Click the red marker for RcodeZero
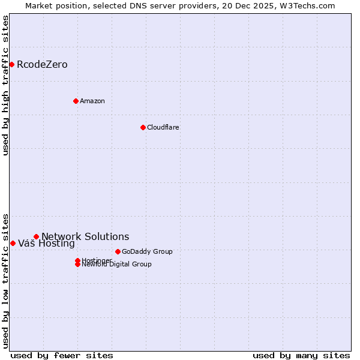pyautogui.click(x=11, y=64)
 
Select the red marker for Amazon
pyautogui.click(x=76, y=101)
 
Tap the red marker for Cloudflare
pyautogui.click(x=143, y=127)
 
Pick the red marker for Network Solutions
pyautogui.click(x=36, y=236)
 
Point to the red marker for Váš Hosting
pyautogui.click(x=13, y=243)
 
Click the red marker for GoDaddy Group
pyautogui.click(x=118, y=251)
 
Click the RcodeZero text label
pyautogui.click(x=42, y=65)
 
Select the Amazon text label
pyautogui.click(x=92, y=101)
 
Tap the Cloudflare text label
pyautogui.click(x=163, y=127)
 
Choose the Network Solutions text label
pyautogui.click(x=85, y=236)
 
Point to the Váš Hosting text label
pyautogui.click(x=46, y=244)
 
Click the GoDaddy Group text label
pyautogui.click(x=147, y=251)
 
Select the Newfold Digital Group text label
pyautogui.click(x=116, y=265)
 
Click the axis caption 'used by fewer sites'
pyautogui.click(x=62, y=355)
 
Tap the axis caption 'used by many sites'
pyautogui.click(x=301, y=355)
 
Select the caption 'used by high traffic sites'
pyautogui.click(x=5, y=85)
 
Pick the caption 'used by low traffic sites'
pyautogui.click(x=5, y=280)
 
